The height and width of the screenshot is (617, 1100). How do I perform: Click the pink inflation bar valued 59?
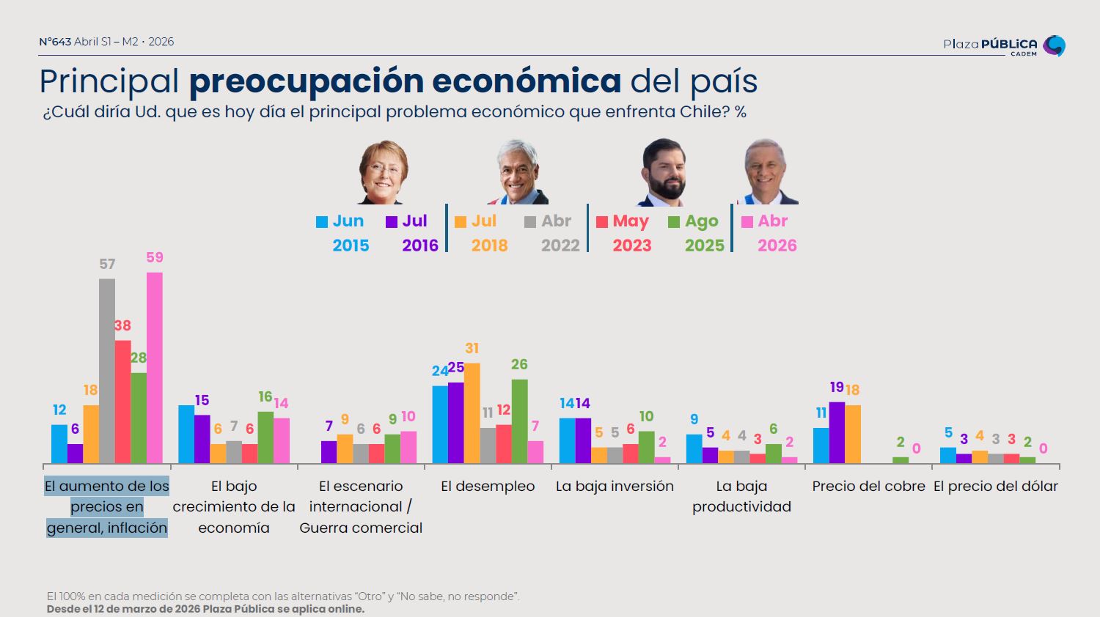pyautogui.click(x=155, y=368)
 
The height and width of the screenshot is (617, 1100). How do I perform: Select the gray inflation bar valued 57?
pyautogui.click(x=107, y=371)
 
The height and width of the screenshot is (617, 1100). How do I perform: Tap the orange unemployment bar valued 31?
pyautogui.click(x=472, y=413)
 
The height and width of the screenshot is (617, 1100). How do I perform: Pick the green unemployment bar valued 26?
pyautogui.click(x=519, y=421)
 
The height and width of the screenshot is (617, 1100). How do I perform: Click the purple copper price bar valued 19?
pyautogui.click(x=837, y=433)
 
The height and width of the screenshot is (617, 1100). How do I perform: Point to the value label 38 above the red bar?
pyautogui.click(x=122, y=325)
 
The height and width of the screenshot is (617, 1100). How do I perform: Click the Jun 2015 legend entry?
pyautogui.click(x=341, y=233)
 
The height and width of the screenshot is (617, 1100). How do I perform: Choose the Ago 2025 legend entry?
pyautogui.click(x=694, y=233)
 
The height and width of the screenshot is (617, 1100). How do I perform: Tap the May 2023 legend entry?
pyautogui.click(x=623, y=233)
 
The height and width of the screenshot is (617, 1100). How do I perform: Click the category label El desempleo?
pyautogui.click(x=488, y=486)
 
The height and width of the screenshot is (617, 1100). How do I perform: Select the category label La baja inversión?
pyautogui.click(x=615, y=486)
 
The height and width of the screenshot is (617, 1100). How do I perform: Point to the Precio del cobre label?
pyautogui.click(x=868, y=486)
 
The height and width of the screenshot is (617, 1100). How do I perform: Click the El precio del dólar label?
pyautogui.click(x=995, y=486)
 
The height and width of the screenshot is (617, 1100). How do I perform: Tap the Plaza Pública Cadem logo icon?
pyautogui.click(x=1054, y=45)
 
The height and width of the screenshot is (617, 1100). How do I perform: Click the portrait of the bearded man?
pyautogui.click(x=664, y=173)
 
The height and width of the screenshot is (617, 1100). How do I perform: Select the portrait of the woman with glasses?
pyautogui.click(x=383, y=173)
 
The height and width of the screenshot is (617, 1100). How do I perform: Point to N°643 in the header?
pyautogui.click(x=55, y=42)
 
